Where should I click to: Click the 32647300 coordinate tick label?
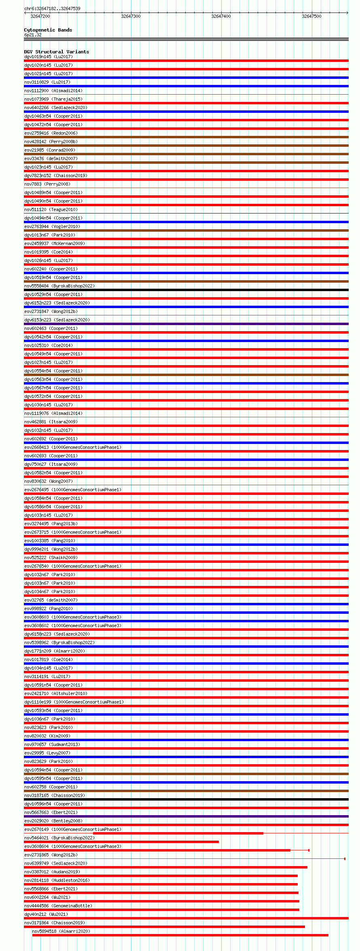pos(131,16)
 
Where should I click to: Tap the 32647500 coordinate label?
pos(311,16)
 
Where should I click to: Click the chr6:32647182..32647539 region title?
pos(52,8)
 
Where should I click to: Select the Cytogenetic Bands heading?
pos(48,30)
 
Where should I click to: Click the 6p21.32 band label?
pos(33,35)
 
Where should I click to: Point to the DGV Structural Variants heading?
pos(56,52)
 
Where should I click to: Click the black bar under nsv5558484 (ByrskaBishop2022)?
pos(186,290)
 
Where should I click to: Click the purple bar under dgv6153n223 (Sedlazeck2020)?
pos(186,324)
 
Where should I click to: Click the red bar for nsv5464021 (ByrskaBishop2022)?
pos(121,842)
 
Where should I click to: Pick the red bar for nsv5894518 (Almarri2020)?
pos(180,935)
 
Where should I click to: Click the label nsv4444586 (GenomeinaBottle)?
pos(58,906)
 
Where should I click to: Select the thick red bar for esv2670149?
pos(178,833)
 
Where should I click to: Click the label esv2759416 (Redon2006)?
pos(51,133)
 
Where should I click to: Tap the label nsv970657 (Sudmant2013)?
pos(52,744)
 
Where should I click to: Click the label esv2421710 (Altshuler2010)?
pos(56,693)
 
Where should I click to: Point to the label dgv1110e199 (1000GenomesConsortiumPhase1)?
pos(74,702)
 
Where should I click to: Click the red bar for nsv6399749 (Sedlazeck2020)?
pos(166,867)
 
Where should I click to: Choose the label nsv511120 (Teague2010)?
pos(51,209)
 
